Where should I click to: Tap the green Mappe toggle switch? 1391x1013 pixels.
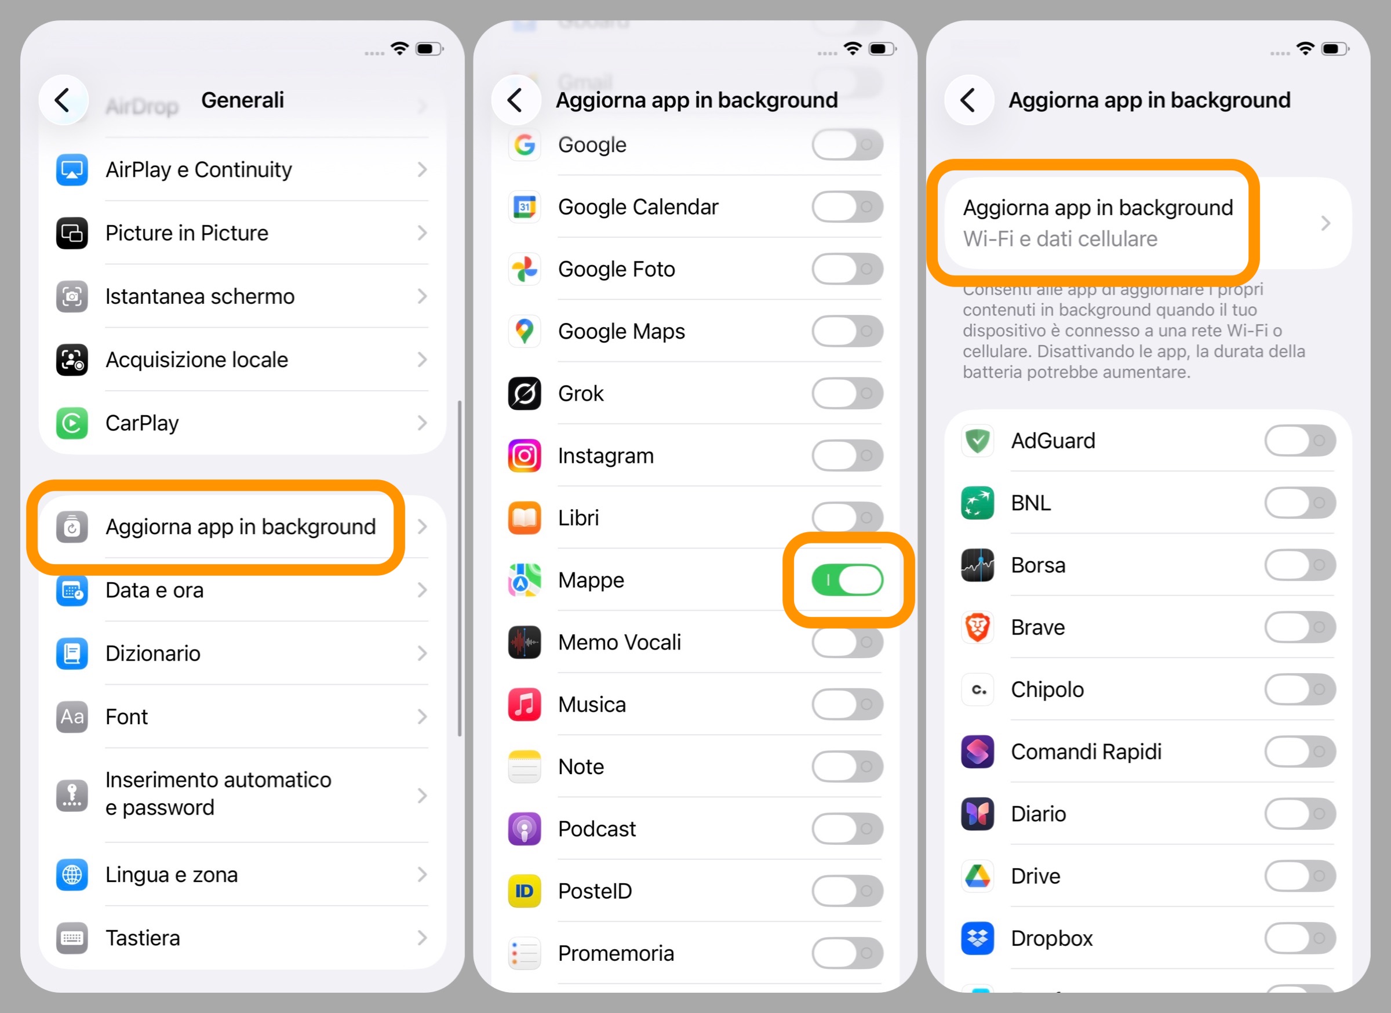coord(847,580)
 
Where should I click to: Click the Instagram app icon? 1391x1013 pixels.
coord(525,456)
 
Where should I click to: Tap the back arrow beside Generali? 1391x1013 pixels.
coord(63,100)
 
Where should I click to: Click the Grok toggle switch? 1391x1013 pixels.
coord(847,393)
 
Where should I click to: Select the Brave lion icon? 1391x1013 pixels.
coord(977,627)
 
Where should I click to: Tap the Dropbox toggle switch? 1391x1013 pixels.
coord(1299,938)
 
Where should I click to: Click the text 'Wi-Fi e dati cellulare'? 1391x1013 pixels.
coord(1060,239)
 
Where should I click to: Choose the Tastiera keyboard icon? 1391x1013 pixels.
coord(72,938)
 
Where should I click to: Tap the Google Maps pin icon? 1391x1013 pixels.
coord(525,331)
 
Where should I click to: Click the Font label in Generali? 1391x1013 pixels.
coord(126,717)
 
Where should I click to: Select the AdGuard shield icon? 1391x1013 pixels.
coord(977,441)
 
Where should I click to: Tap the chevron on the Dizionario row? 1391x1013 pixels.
coord(422,653)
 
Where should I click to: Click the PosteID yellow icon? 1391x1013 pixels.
coord(525,891)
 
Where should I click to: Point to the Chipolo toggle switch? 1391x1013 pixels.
coord(1299,689)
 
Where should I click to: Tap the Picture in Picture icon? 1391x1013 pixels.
coord(72,233)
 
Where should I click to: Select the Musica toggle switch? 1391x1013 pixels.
coord(847,705)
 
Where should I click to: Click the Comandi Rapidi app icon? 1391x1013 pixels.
coord(977,751)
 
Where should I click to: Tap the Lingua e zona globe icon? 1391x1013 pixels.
coord(72,874)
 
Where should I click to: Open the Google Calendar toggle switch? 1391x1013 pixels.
coord(847,207)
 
